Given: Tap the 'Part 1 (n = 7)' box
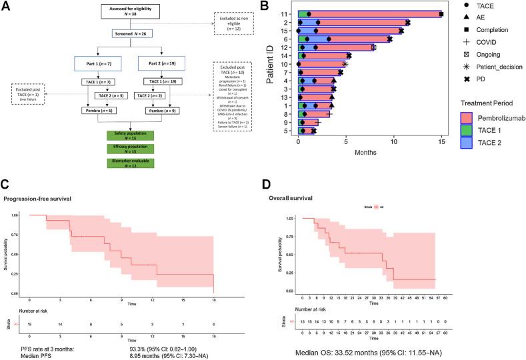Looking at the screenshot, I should coord(98,63).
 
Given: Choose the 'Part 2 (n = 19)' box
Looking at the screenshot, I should coord(161,63).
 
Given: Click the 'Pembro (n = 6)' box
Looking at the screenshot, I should coord(98,110).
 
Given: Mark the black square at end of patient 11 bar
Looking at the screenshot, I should coord(441,13).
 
